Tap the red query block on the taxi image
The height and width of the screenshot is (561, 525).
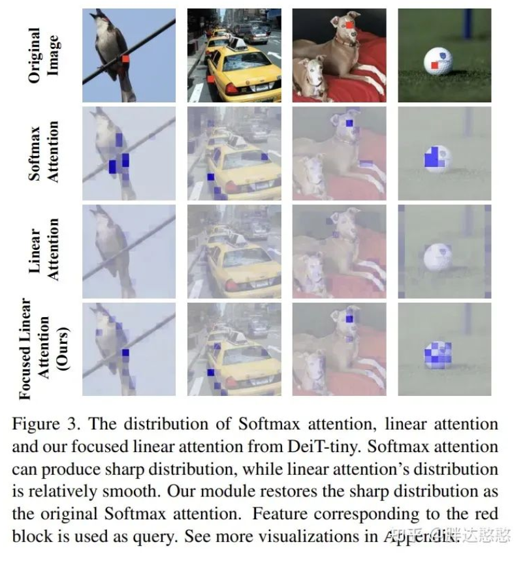(211, 80)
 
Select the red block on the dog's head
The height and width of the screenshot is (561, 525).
(350, 25)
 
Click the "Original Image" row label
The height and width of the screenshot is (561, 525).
(43, 55)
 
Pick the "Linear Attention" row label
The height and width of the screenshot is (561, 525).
(43, 250)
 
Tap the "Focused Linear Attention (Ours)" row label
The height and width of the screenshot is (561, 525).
(43, 348)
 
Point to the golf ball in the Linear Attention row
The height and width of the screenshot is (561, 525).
(438, 256)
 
